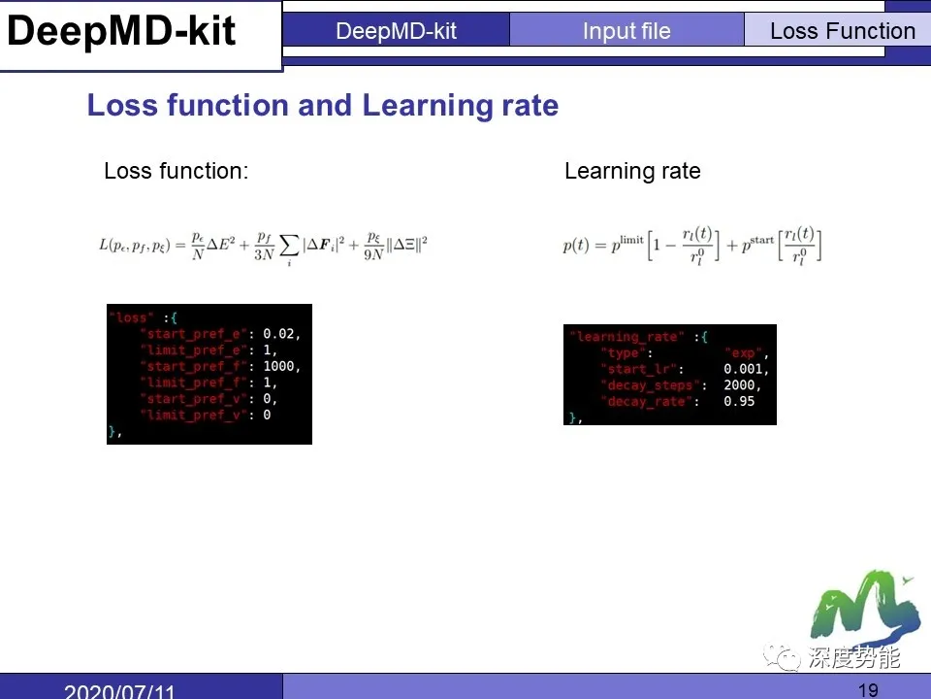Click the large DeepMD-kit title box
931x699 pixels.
pos(122,32)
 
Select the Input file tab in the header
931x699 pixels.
pos(626,31)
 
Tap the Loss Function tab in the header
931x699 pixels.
pos(842,31)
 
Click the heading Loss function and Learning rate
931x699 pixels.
pos(322,105)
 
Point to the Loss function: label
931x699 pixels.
pos(176,172)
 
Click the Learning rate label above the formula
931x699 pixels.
pos(632,172)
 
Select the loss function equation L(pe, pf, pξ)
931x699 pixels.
pos(263,245)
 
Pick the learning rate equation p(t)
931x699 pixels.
pos(692,245)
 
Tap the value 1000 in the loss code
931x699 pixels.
pos(281,367)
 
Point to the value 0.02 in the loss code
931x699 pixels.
pos(281,334)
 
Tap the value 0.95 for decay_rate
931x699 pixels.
pos(739,402)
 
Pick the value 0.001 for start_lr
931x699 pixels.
pos(745,370)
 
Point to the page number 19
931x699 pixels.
pos(869,690)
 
